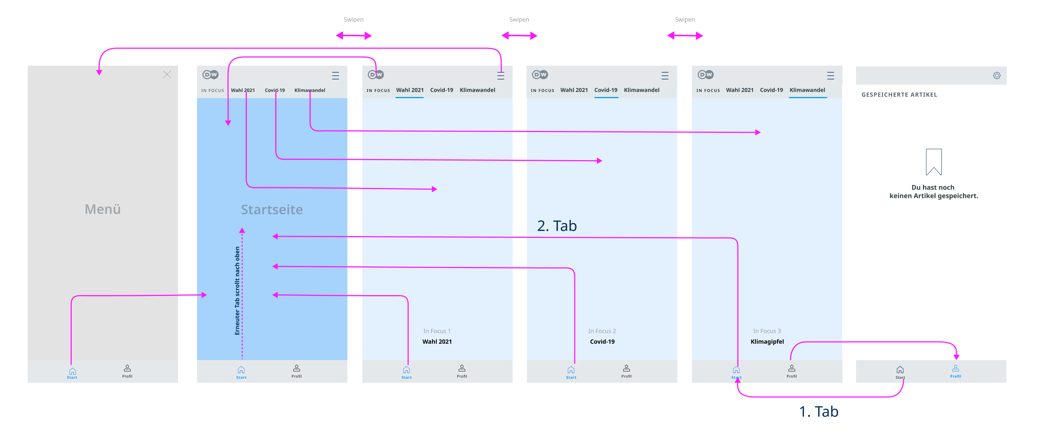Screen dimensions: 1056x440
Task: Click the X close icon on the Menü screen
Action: point(167,75)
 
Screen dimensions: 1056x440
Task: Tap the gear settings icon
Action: point(997,76)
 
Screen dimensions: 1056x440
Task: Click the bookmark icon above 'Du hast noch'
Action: point(933,162)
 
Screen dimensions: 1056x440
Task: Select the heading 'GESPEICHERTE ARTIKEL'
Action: point(899,95)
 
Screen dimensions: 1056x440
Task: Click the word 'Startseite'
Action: point(272,209)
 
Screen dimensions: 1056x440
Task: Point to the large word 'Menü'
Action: point(103,209)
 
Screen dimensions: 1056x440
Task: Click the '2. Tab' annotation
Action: point(557,226)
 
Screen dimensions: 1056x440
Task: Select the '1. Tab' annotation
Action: point(819,411)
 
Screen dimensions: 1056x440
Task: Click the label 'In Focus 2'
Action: point(602,331)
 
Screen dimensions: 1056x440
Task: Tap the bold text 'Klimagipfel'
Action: point(767,341)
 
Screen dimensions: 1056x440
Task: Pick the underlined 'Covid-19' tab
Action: point(605,90)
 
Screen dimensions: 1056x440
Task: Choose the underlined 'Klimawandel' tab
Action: point(807,90)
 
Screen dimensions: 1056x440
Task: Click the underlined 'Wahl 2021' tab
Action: point(409,90)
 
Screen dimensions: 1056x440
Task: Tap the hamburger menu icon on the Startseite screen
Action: point(335,76)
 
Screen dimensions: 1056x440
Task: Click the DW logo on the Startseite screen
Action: point(210,75)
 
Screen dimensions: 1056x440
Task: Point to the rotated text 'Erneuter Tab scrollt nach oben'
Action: point(237,290)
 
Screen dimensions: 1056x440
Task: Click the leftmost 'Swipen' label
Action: point(353,19)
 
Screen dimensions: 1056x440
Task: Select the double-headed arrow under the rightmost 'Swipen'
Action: point(685,36)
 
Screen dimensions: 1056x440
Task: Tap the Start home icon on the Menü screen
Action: point(72,371)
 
